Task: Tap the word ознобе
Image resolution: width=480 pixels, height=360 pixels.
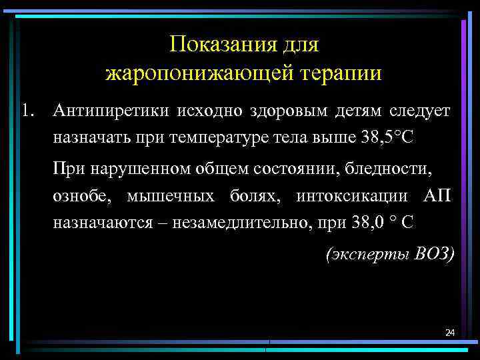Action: [x=81, y=197]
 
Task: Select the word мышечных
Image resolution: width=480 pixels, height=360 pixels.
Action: [x=171, y=197]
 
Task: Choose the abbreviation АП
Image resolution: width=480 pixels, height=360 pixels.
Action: [x=437, y=197]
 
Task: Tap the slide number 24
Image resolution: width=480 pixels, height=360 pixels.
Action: [x=449, y=332]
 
